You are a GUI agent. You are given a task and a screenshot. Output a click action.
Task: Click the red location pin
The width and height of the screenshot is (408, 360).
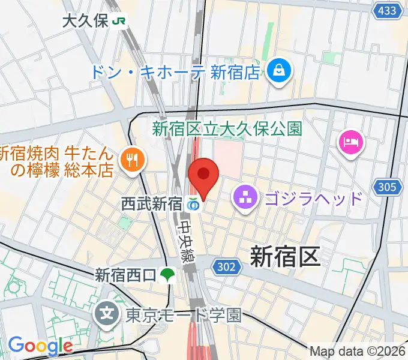[x=204, y=175]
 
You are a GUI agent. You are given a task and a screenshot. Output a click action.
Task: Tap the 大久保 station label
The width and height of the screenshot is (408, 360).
[x=85, y=21]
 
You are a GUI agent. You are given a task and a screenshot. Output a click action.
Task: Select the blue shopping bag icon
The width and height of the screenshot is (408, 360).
[x=280, y=71]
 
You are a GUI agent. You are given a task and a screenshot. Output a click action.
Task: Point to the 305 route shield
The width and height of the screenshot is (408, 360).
[x=387, y=188]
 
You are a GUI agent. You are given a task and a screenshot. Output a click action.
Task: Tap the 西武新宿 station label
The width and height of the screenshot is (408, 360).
[x=152, y=204]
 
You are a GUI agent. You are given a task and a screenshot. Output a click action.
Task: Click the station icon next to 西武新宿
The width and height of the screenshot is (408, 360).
[x=193, y=205]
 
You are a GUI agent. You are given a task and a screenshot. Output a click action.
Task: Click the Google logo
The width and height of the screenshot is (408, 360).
[x=40, y=346]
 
